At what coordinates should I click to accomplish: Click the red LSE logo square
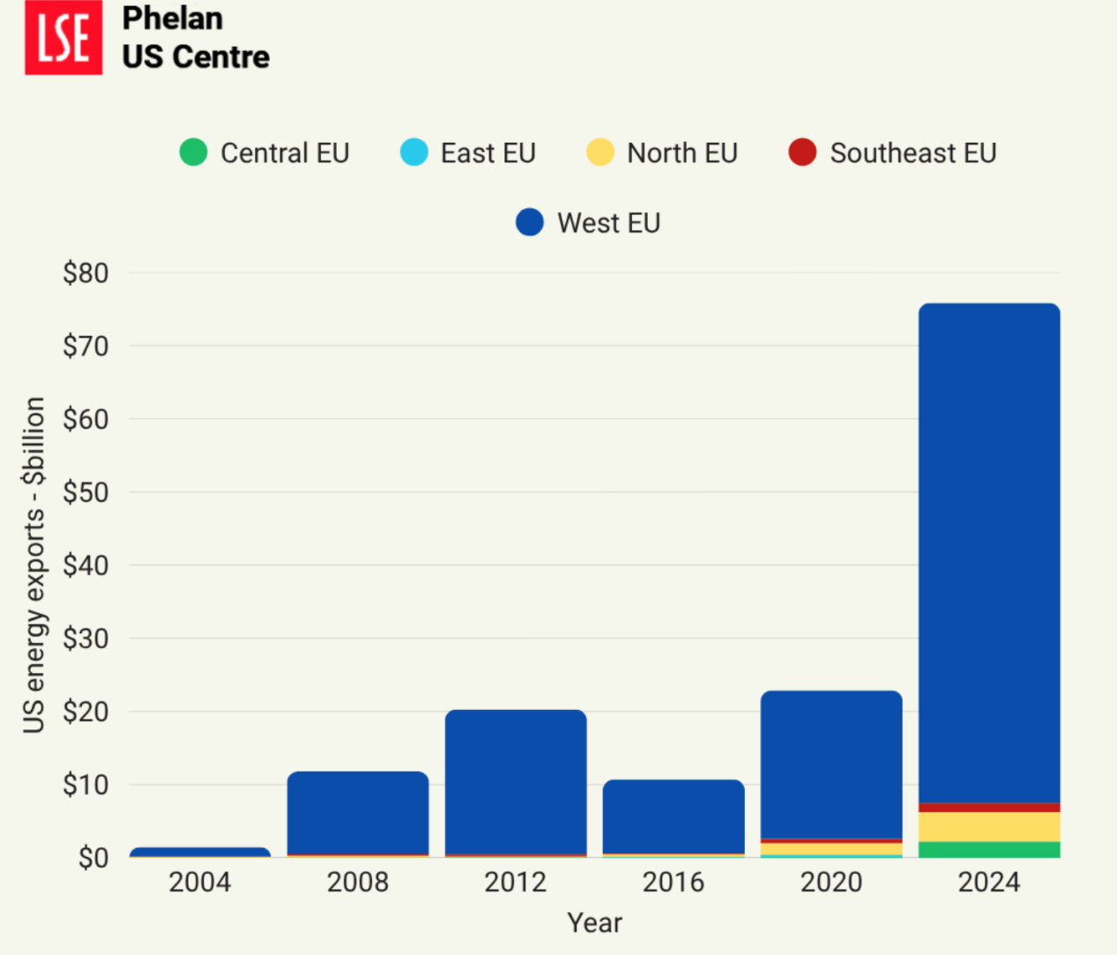63,38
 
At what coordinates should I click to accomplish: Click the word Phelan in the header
172,19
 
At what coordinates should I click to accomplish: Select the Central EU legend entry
264,153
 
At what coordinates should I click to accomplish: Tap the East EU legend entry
468,153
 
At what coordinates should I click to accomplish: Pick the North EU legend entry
662,153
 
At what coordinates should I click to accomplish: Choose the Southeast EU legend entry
892,153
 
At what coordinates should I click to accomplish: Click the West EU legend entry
588,222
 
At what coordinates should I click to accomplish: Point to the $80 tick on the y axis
86,273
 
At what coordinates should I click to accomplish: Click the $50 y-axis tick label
86,492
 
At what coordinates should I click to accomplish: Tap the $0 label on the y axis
93,857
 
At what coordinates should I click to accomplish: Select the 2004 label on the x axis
200,882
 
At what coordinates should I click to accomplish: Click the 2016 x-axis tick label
674,882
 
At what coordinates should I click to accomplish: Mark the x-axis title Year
594,922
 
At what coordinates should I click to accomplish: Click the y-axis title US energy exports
34,564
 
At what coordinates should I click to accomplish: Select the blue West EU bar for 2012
516,781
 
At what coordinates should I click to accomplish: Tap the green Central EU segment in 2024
989,849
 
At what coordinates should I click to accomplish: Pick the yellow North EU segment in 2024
989,826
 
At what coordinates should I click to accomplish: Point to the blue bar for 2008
358,812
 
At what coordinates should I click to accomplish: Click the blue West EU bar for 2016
674,816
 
